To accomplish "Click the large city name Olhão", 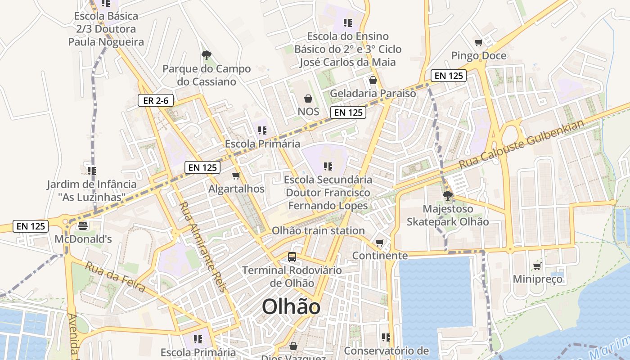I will tap(291, 307).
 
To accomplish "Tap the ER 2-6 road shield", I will tap(156, 101).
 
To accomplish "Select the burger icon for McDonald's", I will tap(82, 225).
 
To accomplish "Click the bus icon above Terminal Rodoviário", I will tap(292, 257).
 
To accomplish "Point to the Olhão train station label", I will tap(318, 231).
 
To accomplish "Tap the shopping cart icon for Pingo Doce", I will tap(478, 43).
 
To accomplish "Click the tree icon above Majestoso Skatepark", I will tap(447, 195).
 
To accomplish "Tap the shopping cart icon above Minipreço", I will tap(537, 266).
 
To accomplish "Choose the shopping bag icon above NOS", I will tap(308, 98).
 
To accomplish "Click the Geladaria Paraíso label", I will tap(373, 93).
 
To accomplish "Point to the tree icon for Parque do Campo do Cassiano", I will tap(207, 55).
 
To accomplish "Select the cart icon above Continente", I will tap(380, 243).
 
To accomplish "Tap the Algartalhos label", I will tap(236, 189).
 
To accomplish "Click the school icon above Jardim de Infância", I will tap(92, 171).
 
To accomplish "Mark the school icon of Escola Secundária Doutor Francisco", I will tap(328, 166).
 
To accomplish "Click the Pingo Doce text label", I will tap(479, 56).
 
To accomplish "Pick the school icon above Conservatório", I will tap(386, 337).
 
